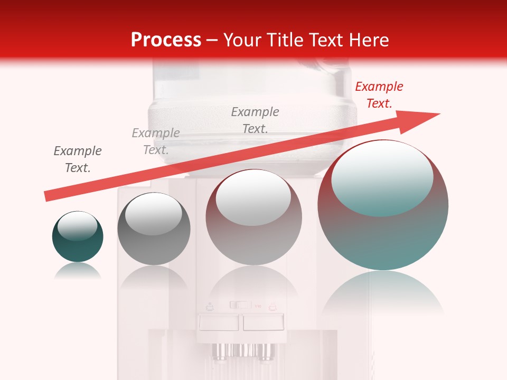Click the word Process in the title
(x=166, y=40)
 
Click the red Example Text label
(x=379, y=95)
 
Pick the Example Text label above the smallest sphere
(x=78, y=159)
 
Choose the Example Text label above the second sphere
(x=156, y=141)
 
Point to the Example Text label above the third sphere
(x=255, y=120)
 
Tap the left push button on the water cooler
(x=218, y=322)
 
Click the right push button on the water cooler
(x=263, y=322)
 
